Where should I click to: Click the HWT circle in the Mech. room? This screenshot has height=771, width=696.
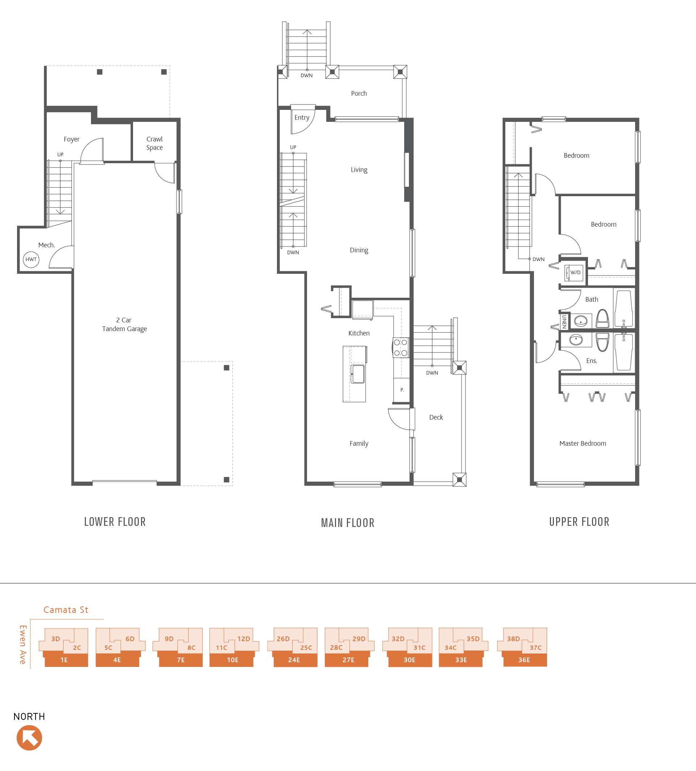pyautogui.click(x=31, y=260)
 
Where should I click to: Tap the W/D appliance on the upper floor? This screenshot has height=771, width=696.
pyautogui.click(x=575, y=273)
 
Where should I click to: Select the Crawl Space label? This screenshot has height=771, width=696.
pyautogui.click(x=154, y=143)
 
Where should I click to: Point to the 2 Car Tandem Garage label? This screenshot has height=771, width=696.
pyautogui.click(x=124, y=324)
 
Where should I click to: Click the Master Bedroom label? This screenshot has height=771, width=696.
pyautogui.click(x=583, y=444)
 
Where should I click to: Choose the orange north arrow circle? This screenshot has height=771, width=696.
pyautogui.click(x=29, y=737)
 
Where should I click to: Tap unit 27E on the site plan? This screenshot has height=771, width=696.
pyautogui.click(x=348, y=660)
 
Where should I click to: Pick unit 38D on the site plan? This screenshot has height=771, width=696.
pyautogui.click(x=513, y=639)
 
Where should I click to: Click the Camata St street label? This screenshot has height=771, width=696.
pyautogui.click(x=66, y=610)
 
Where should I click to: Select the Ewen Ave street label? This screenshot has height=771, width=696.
pyautogui.click(x=23, y=645)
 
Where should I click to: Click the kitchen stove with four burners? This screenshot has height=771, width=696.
pyautogui.click(x=401, y=348)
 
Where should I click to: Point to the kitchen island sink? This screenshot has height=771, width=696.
pyautogui.click(x=358, y=374)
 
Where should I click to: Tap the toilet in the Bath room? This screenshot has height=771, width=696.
pyautogui.click(x=603, y=318)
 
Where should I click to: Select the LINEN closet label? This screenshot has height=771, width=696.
pyautogui.click(x=564, y=322)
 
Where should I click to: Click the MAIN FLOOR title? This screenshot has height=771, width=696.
pyautogui.click(x=347, y=523)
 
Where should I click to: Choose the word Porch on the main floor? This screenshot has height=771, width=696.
pyautogui.click(x=359, y=94)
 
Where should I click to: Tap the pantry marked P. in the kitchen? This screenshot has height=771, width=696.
pyautogui.click(x=402, y=390)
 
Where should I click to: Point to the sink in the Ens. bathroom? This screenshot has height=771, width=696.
pyautogui.click(x=576, y=339)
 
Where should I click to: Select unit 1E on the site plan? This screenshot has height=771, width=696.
pyautogui.click(x=64, y=660)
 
